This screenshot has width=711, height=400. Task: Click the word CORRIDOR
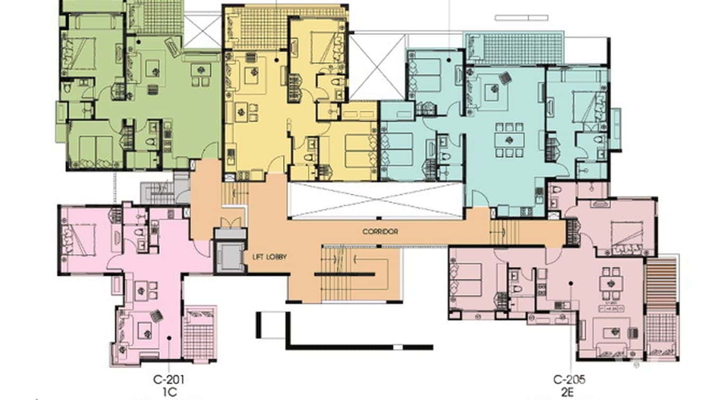pos(380,232)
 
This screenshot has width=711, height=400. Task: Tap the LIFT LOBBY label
pos(270,257)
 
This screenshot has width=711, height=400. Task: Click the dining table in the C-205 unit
pos(611,283)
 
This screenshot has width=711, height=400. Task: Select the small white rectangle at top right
pos(521,18)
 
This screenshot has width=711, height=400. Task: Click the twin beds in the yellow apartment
pos(359,151)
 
